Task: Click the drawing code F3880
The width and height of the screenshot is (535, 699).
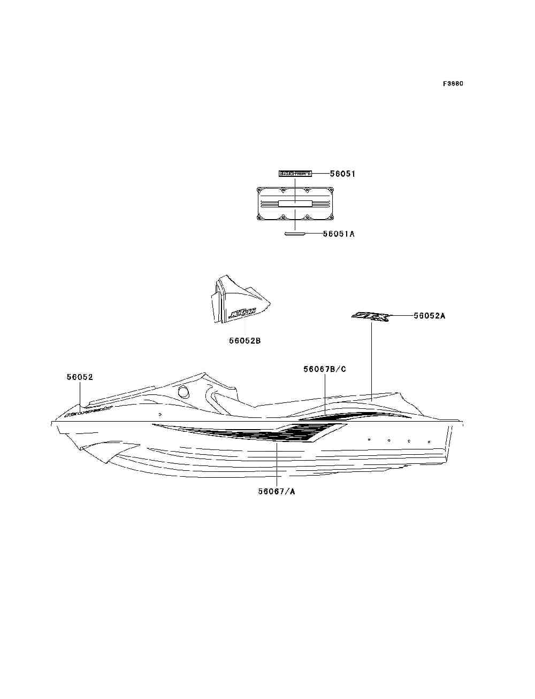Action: coord(453,84)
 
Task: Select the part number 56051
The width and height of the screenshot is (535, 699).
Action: coord(342,174)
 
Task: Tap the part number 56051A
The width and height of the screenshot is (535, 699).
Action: coord(339,234)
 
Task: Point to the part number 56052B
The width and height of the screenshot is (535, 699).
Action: coord(245,340)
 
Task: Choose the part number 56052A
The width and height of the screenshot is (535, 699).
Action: coord(429,316)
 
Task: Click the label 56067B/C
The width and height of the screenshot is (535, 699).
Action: coord(324,369)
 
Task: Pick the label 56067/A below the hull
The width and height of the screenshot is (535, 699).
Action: coord(276,492)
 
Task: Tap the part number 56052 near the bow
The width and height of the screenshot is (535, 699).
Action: coord(80,377)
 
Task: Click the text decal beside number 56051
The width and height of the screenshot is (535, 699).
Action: coord(295,174)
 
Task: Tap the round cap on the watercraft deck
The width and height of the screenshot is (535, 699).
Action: coord(183,392)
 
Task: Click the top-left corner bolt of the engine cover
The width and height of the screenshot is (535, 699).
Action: coord(259,190)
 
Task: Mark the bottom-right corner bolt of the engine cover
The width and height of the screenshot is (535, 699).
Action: coord(331,217)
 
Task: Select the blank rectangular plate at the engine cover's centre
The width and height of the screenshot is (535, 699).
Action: coord(295,203)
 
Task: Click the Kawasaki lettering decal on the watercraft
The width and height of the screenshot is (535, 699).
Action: coord(87,411)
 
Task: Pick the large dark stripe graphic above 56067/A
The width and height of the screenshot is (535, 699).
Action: coord(257,433)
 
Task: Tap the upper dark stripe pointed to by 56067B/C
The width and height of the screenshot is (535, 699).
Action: coord(353,415)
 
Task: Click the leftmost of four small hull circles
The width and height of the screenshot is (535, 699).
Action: coord(369,439)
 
